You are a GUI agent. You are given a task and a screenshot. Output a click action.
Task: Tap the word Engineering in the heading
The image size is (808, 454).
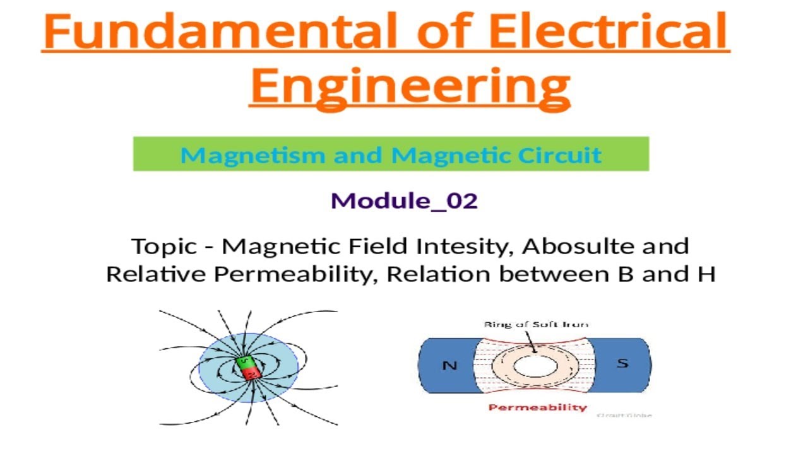tap(410, 86)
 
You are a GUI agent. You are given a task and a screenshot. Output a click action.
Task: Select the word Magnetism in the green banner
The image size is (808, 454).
tap(252, 154)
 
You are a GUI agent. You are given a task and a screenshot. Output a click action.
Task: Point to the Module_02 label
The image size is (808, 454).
tap(404, 201)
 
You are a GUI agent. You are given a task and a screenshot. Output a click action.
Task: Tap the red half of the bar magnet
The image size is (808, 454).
tap(251, 373)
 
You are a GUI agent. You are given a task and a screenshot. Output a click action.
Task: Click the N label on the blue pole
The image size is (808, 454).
tap(449, 365)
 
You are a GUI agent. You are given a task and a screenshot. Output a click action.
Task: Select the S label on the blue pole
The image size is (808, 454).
tap(622, 364)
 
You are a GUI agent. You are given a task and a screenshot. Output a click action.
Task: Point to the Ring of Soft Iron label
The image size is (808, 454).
tap(536, 324)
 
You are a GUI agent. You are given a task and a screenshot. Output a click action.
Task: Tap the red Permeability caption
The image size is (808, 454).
tap(537, 407)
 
